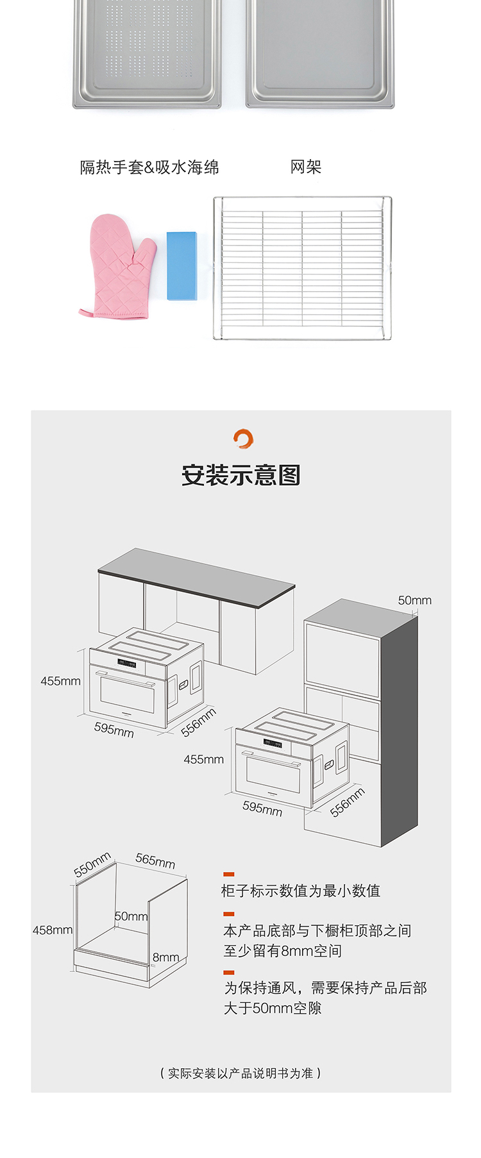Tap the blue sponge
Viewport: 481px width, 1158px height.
(x=181, y=266)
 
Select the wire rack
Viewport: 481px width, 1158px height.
(x=302, y=268)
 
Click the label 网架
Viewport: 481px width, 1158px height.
(x=305, y=167)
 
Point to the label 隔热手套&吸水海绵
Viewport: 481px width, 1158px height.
(x=149, y=167)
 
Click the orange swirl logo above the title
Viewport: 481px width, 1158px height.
(x=243, y=439)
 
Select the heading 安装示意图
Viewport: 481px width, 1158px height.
(x=241, y=475)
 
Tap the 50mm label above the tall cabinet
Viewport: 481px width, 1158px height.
(x=414, y=601)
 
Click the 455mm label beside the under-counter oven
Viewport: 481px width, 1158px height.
(x=60, y=681)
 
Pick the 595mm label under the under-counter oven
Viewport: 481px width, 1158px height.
(x=114, y=729)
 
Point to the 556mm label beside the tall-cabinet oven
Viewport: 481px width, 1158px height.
(x=348, y=802)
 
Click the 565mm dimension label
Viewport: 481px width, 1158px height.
(x=155, y=860)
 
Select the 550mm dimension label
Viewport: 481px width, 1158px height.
(x=92, y=864)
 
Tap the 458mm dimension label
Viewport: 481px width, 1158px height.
(x=53, y=930)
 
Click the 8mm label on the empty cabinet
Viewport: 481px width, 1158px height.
(x=165, y=957)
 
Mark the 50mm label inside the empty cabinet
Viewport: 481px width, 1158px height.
(x=131, y=916)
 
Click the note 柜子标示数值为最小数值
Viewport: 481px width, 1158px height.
(x=301, y=891)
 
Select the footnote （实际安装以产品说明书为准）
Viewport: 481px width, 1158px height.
(x=240, y=1073)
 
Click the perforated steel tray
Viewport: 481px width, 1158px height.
(x=147, y=51)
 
